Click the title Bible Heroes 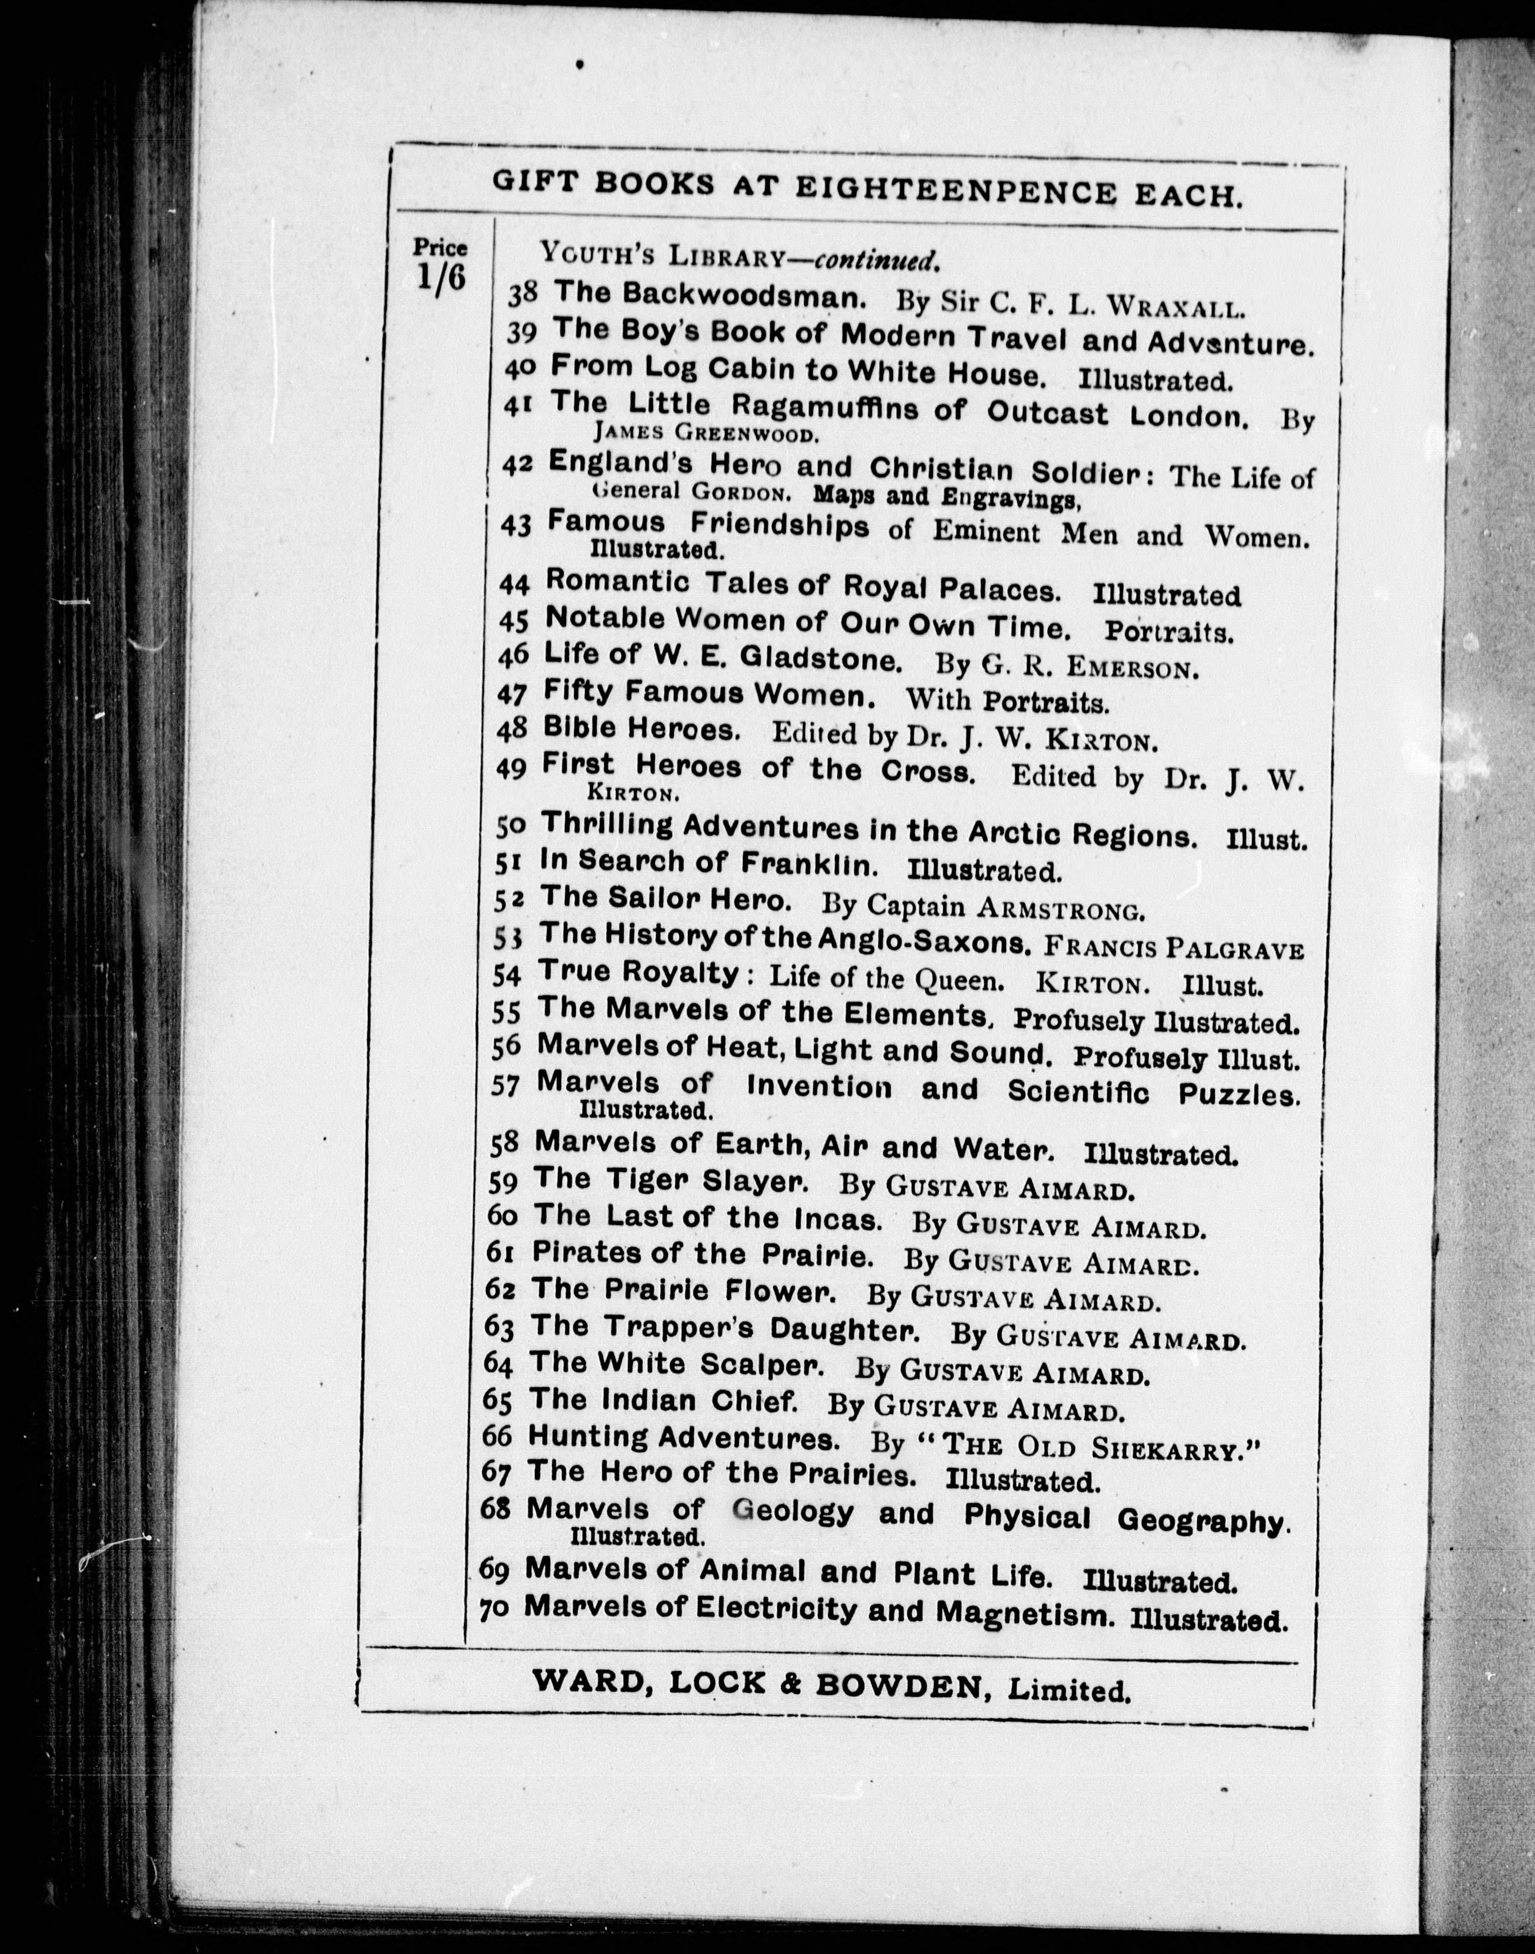coord(641,729)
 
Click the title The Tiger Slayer coord(670,1180)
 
